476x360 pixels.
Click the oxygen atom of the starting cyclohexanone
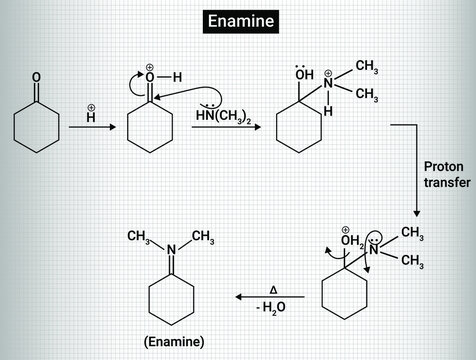[36, 77]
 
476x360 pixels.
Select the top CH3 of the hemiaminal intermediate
[366, 67]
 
